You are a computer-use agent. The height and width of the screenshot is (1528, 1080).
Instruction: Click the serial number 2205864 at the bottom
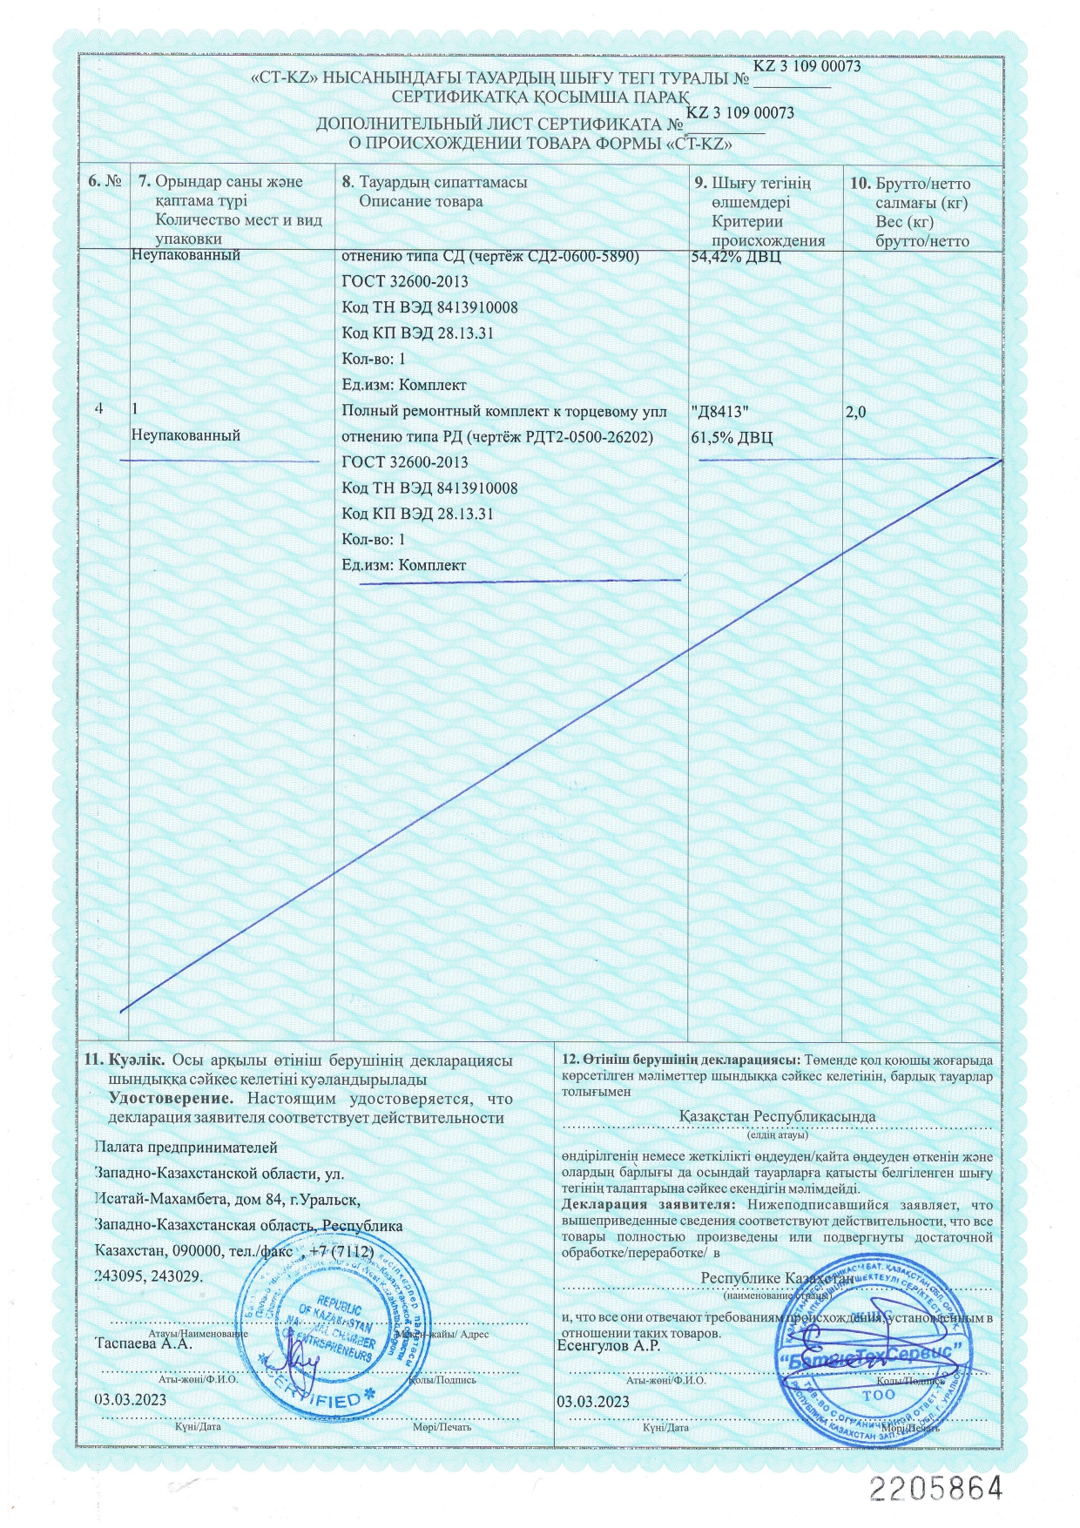click(x=935, y=1488)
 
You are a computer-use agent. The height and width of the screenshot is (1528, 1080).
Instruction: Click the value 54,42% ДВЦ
click(x=735, y=257)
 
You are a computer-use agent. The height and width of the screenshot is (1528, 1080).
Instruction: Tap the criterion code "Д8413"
click(x=719, y=412)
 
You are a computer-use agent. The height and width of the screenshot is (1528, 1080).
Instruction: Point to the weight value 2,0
click(x=856, y=412)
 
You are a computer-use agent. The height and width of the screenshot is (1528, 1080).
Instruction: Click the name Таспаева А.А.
click(x=143, y=1343)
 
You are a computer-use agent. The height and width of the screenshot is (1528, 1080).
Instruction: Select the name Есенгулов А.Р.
click(x=608, y=1346)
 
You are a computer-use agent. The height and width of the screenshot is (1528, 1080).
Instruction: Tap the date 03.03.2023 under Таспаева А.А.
click(x=130, y=1399)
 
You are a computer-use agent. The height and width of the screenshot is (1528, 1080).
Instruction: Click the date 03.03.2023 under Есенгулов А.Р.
click(x=592, y=1402)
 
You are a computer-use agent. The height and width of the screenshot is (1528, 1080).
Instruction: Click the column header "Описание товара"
click(x=421, y=202)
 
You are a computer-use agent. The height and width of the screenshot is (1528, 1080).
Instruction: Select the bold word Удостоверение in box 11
click(x=170, y=1099)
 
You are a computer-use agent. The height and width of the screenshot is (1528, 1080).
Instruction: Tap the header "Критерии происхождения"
click(x=767, y=232)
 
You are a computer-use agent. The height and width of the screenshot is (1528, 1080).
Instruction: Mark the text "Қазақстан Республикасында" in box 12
click(x=777, y=1116)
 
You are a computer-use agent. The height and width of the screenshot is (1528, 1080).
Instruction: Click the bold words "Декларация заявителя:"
click(x=649, y=1205)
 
